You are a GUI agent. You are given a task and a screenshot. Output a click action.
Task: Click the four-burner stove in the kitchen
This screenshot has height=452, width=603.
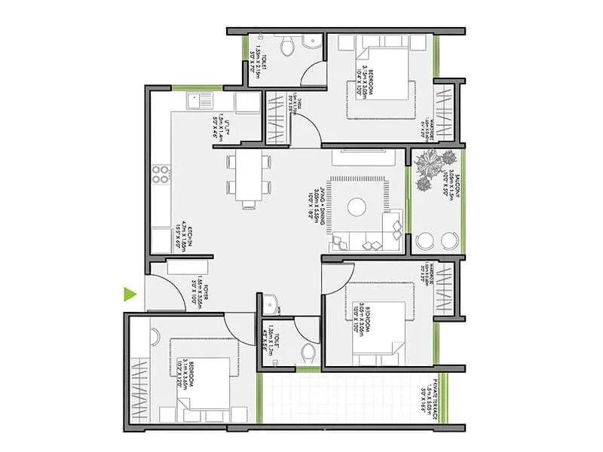161,175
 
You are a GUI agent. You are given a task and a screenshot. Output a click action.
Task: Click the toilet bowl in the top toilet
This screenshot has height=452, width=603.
287,48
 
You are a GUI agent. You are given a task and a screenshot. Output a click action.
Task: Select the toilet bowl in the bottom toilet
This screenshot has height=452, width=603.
307,353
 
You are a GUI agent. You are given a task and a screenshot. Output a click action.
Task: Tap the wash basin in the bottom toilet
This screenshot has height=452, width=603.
272,304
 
